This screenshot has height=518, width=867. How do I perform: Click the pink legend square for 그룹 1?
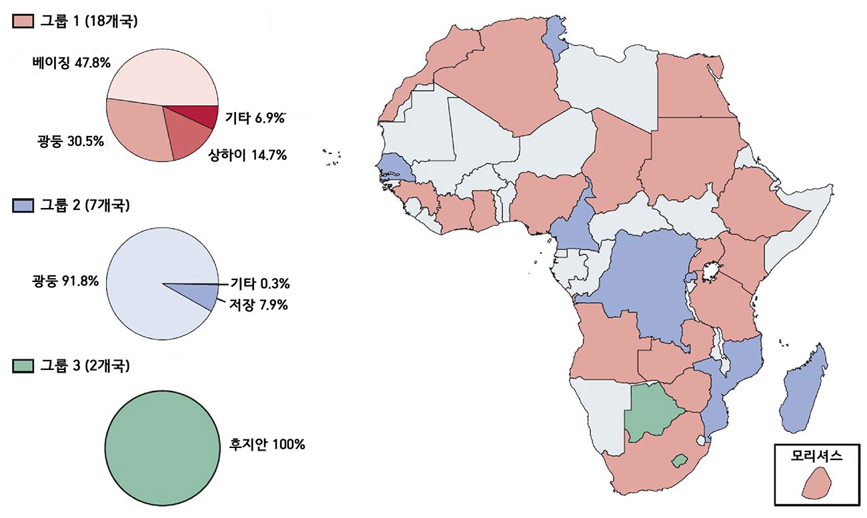(x=20, y=21)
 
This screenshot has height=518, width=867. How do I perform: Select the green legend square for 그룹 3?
(x=20, y=365)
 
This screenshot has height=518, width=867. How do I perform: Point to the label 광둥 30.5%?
(x=65, y=141)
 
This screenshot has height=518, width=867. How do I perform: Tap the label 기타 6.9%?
(x=255, y=119)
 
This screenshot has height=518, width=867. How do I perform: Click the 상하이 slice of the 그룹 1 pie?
(x=187, y=133)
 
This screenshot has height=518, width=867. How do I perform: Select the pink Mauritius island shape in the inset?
(x=816, y=484)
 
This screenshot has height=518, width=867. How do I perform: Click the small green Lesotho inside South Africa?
(x=679, y=460)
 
